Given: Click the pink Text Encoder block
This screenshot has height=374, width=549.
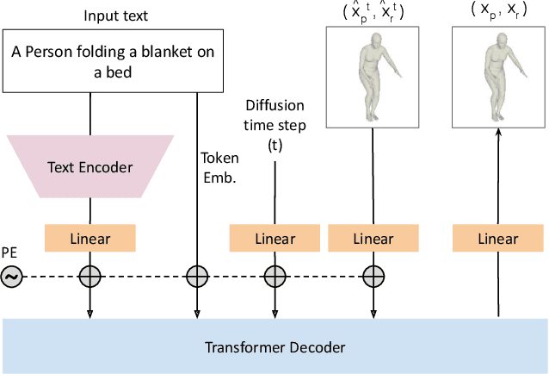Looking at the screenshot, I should coord(90,167).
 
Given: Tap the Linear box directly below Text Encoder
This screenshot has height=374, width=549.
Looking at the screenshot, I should coord(90,238).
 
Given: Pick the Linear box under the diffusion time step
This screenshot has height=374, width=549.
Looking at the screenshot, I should coord(274,238).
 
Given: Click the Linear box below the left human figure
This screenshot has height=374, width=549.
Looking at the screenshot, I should coord(373,238).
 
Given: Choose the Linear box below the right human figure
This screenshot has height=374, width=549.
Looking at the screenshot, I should coord(497,238).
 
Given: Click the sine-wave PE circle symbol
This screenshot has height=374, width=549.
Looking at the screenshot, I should coord(12,277).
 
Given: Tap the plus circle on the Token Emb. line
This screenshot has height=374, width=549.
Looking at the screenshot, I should coord(198,277).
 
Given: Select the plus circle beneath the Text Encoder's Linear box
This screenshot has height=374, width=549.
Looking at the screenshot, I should coord(90,277).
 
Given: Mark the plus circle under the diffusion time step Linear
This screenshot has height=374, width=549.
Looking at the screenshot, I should coord(274,277).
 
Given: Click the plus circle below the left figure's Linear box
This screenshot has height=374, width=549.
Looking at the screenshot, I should coord(373,277).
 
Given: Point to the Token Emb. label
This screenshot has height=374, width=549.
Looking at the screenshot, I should coord(219,165).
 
